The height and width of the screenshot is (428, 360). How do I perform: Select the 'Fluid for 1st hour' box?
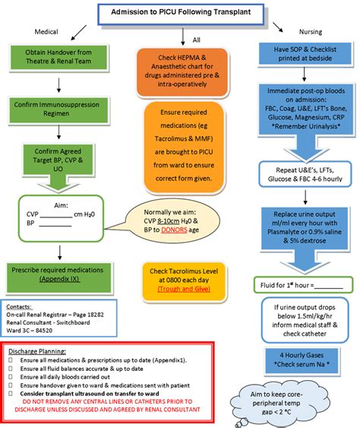(x=302, y=285)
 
